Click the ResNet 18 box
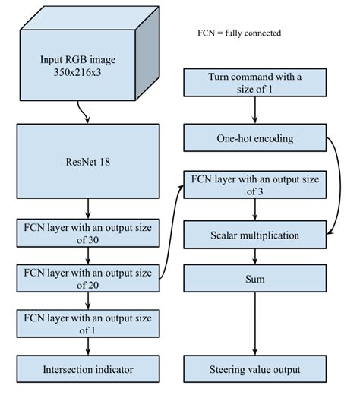point(89,161)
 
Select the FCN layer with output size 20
point(89,278)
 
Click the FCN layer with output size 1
point(89,322)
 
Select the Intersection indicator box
point(89,370)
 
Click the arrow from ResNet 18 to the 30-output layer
point(89,207)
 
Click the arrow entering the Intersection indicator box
point(89,347)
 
